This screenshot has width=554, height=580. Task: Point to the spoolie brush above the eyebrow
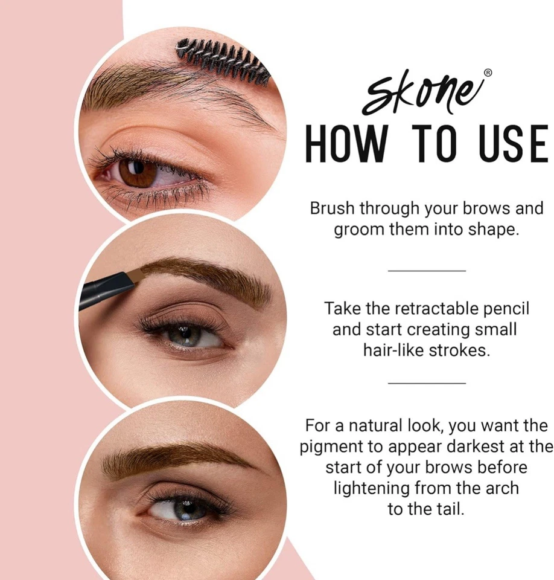pyautogui.click(x=223, y=60)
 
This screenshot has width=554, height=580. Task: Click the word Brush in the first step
pyautogui.click(x=333, y=209)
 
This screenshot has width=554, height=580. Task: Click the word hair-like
pyautogui.click(x=393, y=350)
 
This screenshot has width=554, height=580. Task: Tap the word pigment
pyautogui.click(x=331, y=446)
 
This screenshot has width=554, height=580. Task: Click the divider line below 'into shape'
pyautogui.click(x=427, y=271)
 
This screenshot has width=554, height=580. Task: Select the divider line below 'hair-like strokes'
pyautogui.click(x=427, y=383)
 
